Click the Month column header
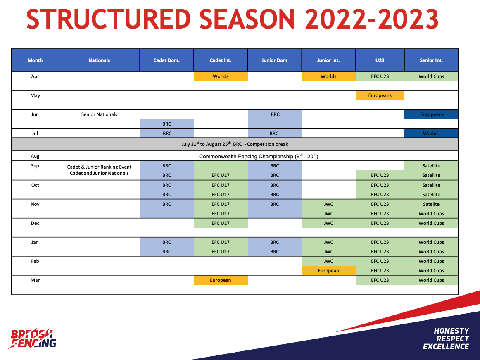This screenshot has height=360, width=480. (35, 60)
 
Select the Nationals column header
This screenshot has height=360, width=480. (99, 60)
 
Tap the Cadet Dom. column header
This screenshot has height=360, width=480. (166, 60)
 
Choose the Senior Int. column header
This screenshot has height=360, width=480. (431, 60)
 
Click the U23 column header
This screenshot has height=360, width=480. (380, 60)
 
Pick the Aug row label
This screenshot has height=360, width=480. (35, 156)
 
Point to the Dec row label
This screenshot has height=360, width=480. (35, 223)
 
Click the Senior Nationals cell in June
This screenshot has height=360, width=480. (99, 114)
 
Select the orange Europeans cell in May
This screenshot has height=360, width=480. (380, 95)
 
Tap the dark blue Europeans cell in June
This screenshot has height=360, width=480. (431, 114)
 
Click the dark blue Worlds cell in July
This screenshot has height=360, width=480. (431, 133)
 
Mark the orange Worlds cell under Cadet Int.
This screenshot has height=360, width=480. (221, 76)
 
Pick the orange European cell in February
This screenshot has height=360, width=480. (328, 270)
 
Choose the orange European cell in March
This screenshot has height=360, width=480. (221, 280)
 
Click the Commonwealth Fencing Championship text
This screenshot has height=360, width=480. (259, 156)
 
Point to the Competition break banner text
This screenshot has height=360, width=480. (235, 144)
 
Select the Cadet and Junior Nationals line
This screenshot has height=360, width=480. (99, 173)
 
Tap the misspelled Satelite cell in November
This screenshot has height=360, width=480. (431, 204)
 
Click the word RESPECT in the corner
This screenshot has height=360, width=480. (452, 339)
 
